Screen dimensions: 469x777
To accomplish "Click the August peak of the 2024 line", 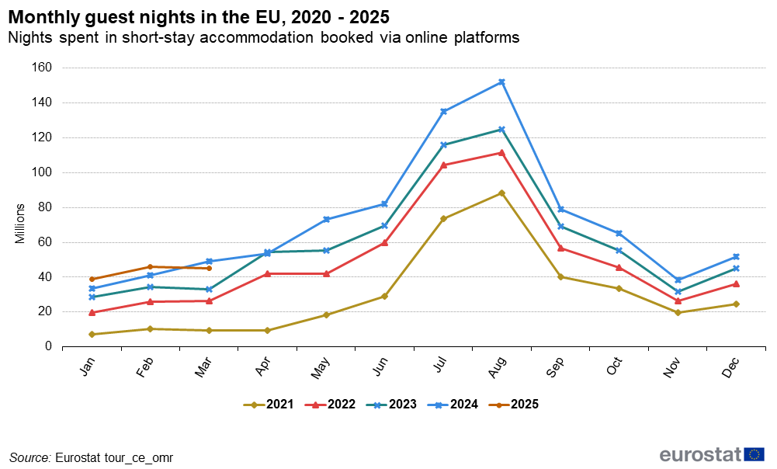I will [501, 82].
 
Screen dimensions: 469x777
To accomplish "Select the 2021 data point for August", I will [501, 193].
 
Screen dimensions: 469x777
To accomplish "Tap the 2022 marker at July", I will [443, 165].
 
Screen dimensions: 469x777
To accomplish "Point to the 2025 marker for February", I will [151, 266].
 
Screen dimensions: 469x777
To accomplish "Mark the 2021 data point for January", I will [92, 334].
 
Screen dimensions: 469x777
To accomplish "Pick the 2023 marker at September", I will [560, 226].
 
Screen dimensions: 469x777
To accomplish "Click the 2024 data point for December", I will [736, 256].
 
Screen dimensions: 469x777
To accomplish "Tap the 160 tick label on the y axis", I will [41, 68].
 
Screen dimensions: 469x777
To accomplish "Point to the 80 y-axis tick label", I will [44, 207].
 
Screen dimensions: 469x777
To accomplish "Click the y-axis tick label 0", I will [48, 346].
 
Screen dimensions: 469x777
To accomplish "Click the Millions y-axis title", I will [20, 224].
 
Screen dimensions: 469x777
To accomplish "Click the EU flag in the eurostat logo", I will [754, 454].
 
